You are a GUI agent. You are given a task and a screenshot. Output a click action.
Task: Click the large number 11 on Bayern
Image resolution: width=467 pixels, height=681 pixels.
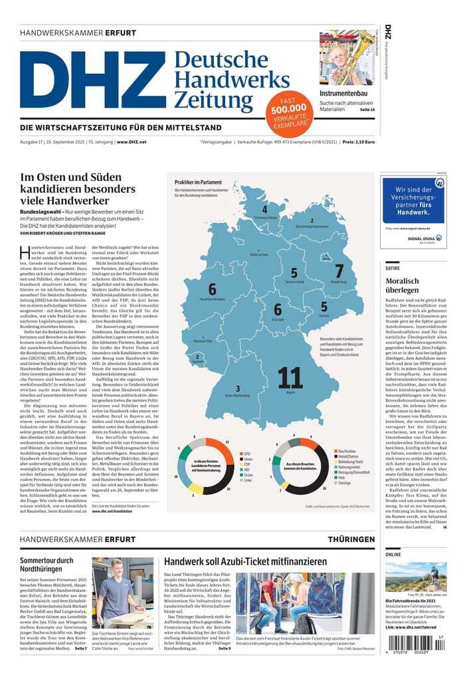(290, 378)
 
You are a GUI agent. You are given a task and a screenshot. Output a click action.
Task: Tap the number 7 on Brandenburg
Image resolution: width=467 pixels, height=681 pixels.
(339, 272)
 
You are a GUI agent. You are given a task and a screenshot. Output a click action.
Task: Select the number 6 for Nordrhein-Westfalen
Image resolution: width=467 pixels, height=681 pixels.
(212, 289)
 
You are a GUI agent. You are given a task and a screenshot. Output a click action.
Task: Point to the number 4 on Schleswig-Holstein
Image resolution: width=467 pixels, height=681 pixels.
(264, 209)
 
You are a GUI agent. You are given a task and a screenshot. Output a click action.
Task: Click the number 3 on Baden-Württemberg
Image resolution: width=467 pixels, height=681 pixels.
(238, 388)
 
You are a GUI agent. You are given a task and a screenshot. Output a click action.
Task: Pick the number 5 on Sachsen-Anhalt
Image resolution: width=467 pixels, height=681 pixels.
(294, 273)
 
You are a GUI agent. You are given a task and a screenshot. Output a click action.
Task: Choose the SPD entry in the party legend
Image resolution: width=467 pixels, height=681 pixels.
(248, 454)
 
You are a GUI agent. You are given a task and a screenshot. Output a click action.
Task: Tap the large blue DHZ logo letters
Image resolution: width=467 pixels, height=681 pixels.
(93, 80)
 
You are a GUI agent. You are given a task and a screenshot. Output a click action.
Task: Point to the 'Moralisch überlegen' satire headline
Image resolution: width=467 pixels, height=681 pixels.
(402, 285)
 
